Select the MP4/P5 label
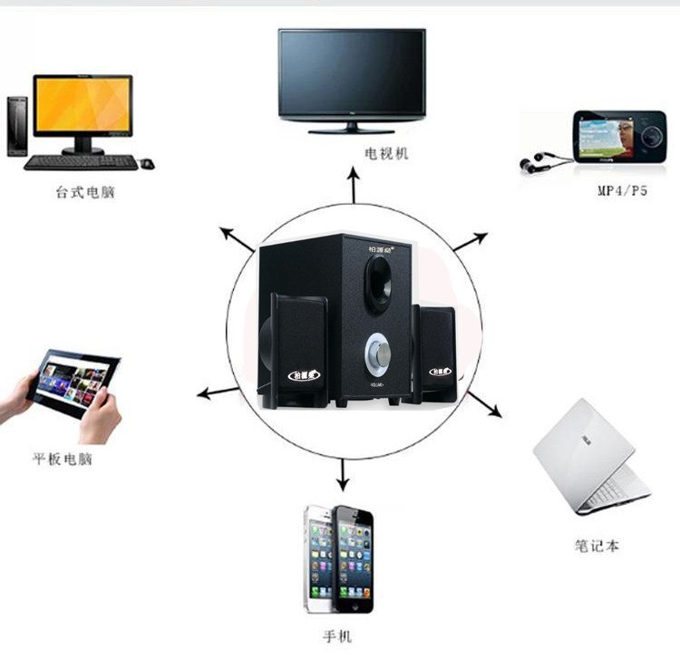tap(622, 191)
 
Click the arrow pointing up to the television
tap(354, 185)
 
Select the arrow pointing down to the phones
tap(342, 473)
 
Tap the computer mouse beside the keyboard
tap(147, 164)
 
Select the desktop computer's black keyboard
tap(81, 162)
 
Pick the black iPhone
tap(355, 558)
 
